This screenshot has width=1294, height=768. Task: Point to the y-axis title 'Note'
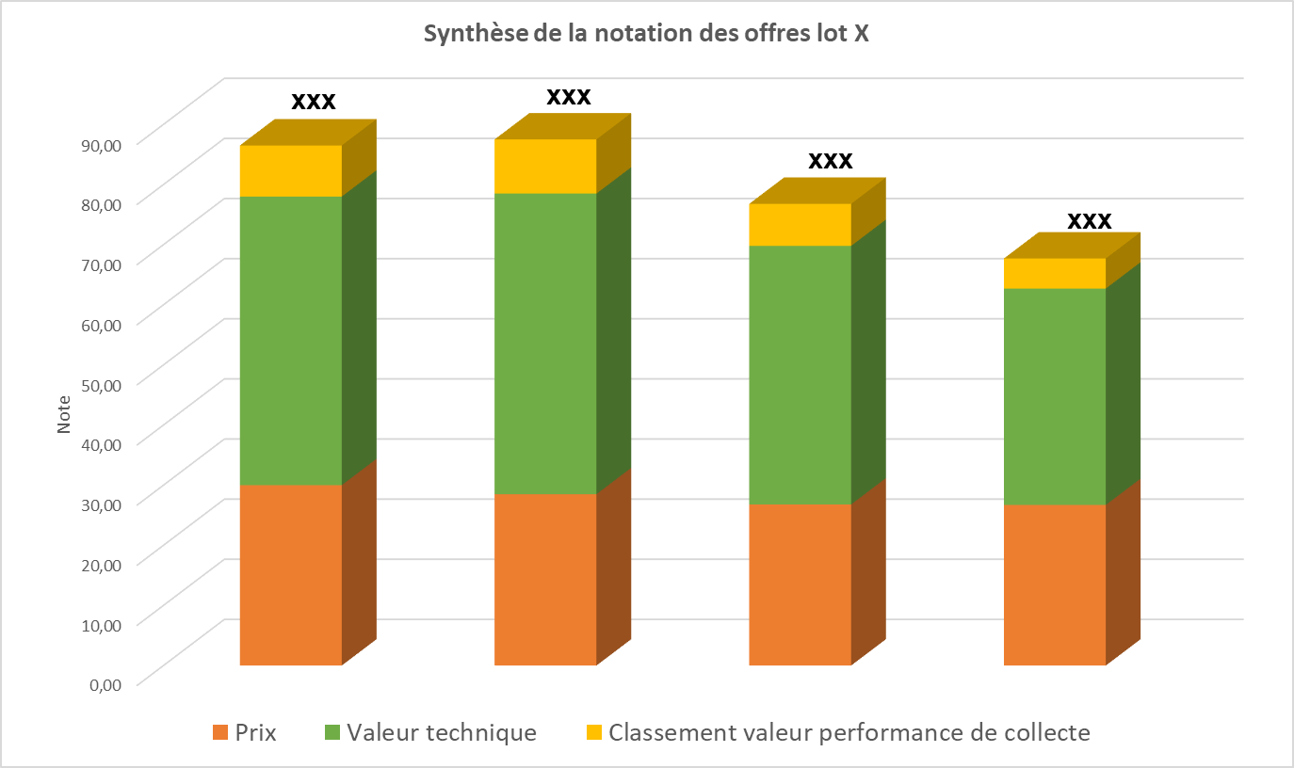click(x=64, y=414)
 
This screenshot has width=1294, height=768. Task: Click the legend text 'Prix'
click(x=256, y=733)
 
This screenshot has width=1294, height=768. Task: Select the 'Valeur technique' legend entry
click(x=441, y=733)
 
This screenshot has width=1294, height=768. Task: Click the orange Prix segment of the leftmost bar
click(x=290, y=574)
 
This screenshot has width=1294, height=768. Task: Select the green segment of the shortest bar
click(x=1054, y=395)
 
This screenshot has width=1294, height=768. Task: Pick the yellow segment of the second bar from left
click(x=545, y=166)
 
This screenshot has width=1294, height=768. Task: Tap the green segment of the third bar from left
click(x=800, y=375)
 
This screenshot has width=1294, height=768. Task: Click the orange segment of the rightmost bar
click(x=1054, y=584)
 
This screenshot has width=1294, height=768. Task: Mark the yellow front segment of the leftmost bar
click(x=290, y=170)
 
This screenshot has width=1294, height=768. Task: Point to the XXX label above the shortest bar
click(x=1090, y=221)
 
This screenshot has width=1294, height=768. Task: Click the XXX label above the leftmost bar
click(x=314, y=102)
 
